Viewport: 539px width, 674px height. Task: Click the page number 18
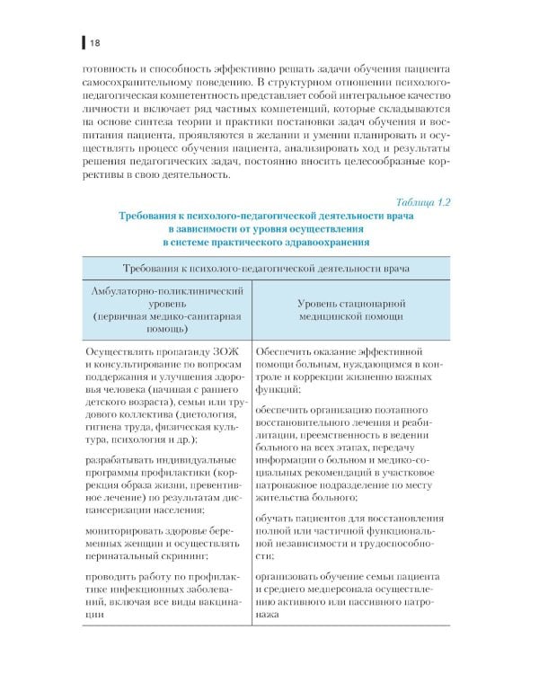(93, 41)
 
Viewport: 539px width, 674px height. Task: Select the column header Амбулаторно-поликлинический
(165, 293)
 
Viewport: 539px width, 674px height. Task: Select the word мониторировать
(128, 531)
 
